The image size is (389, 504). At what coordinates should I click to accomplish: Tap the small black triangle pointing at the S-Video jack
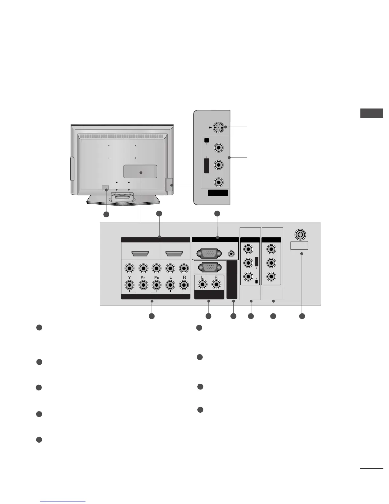(210, 127)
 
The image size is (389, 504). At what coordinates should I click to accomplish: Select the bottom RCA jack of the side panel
(219, 182)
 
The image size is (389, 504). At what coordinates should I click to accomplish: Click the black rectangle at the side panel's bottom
(218, 193)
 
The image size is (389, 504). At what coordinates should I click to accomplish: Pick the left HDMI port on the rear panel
(140, 254)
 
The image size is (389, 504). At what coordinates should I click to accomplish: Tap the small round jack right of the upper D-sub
(232, 254)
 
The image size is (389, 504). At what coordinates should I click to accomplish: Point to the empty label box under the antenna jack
(299, 245)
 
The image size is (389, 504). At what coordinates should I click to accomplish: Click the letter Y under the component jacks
(130, 277)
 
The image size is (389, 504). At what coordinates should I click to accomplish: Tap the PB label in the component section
(143, 277)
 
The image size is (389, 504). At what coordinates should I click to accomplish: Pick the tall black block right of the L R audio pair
(232, 279)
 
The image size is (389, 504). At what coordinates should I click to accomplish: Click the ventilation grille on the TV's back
(122, 136)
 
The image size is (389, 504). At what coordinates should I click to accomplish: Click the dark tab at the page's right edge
(372, 113)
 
